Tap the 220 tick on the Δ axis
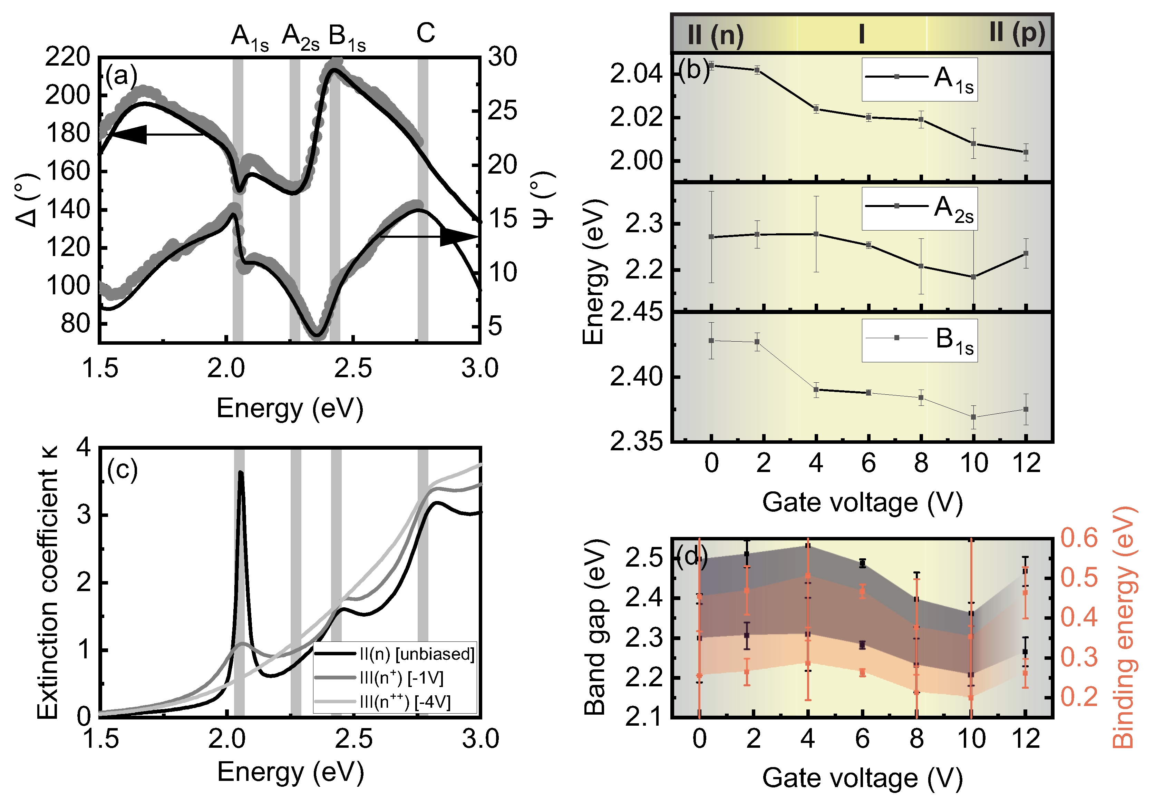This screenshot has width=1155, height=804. click(x=67, y=57)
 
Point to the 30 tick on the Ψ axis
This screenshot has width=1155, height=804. click(x=502, y=57)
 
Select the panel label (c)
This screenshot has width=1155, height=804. click(x=122, y=470)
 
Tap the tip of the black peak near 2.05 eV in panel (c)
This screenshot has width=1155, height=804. click(x=241, y=473)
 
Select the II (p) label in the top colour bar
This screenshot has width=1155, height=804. click(x=1017, y=33)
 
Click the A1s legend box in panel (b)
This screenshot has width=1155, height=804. click(x=919, y=79)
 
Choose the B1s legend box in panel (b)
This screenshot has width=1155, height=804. click(x=919, y=340)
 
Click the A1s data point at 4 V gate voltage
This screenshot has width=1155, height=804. click(x=816, y=109)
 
